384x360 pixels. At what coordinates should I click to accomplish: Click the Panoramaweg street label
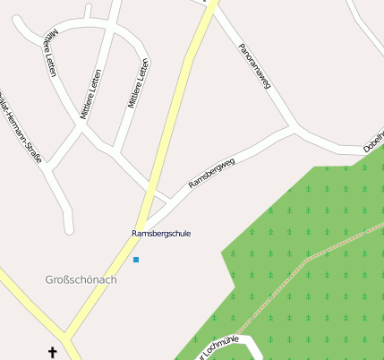[x=255, y=66]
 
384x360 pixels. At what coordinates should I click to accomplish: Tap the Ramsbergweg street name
[x=211, y=173]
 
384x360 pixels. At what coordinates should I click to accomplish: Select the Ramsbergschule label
[x=161, y=233]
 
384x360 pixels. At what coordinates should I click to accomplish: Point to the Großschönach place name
[x=81, y=279]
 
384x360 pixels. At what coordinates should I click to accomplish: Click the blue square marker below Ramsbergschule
[x=136, y=260]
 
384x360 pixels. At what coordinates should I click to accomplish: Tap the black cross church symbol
[x=52, y=353]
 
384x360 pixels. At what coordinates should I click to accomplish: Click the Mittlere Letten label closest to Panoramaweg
[x=138, y=83]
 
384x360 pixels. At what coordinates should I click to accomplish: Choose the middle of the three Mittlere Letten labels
[x=91, y=96]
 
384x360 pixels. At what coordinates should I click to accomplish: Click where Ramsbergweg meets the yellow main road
[x=147, y=221]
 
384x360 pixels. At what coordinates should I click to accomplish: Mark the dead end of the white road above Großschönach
[x=69, y=227]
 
